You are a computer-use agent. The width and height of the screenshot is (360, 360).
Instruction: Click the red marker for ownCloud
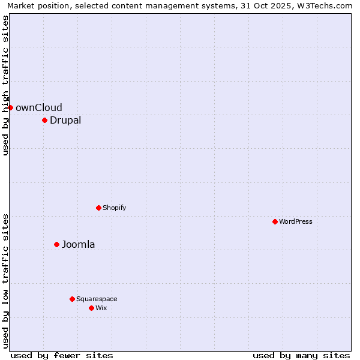click(x=10, y=107)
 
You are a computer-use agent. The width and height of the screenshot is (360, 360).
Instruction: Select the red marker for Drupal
click(x=44, y=120)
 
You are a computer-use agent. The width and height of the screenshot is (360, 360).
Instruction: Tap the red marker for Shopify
click(x=98, y=208)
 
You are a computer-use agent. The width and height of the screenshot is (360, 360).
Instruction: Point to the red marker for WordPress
click(x=275, y=221)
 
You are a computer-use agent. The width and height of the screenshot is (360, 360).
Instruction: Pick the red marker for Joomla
click(x=56, y=244)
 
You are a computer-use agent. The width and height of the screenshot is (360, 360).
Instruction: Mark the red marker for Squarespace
click(x=72, y=299)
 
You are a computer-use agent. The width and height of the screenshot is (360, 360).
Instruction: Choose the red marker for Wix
click(x=91, y=308)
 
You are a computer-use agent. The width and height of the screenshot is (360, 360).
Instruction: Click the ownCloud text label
click(x=38, y=107)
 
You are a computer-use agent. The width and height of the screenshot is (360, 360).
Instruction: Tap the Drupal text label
click(x=65, y=120)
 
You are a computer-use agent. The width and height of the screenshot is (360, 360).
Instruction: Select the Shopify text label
click(x=114, y=208)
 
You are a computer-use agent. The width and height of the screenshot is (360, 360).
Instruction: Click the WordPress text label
click(x=295, y=221)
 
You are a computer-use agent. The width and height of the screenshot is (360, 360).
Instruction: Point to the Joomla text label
click(x=78, y=244)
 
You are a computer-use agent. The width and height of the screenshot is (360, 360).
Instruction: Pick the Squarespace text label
click(x=97, y=299)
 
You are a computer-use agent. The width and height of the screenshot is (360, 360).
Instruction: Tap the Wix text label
click(x=101, y=308)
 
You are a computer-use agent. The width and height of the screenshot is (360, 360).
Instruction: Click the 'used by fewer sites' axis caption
click(x=62, y=355)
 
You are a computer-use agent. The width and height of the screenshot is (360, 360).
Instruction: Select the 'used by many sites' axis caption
click(x=301, y=355)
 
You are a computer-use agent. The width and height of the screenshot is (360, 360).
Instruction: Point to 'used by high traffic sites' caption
click(x=5, y=85)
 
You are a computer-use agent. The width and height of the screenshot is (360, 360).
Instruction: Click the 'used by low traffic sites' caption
click(x=5, y=281)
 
